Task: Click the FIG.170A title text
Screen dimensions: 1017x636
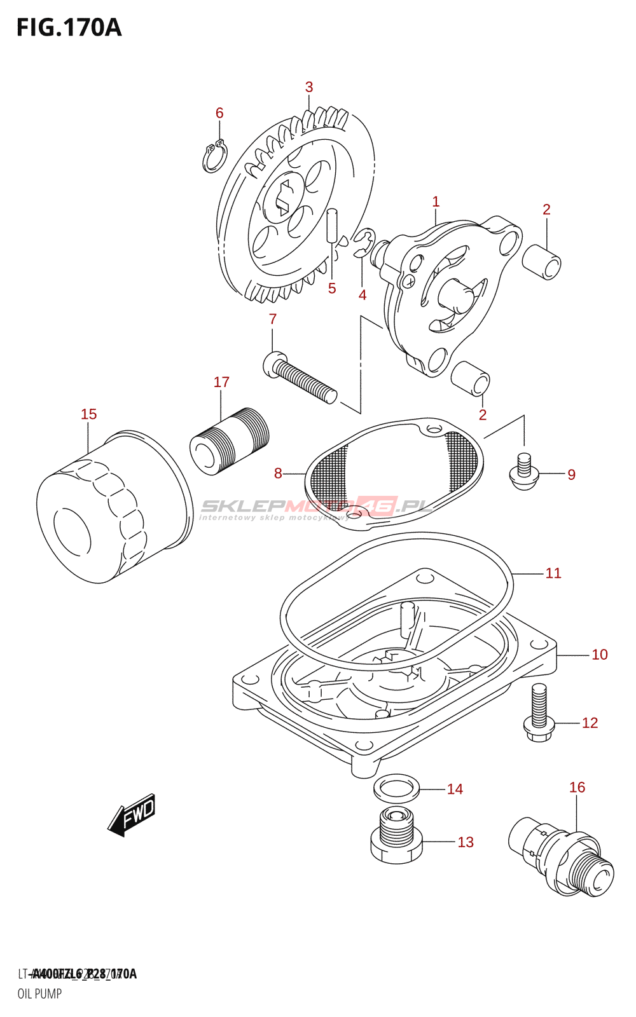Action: [69, 28]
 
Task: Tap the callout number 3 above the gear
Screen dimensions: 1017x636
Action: [309, 87]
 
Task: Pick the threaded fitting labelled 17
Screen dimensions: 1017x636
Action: [230, 441]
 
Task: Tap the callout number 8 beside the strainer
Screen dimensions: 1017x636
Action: [278, 474]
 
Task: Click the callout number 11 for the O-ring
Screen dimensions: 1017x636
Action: [553, 573]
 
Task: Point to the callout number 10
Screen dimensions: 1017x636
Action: [600, 655]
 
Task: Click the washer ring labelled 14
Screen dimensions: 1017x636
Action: [396, 788]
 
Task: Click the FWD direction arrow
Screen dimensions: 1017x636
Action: [132, 814]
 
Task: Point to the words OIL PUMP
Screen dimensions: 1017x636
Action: [39, 993]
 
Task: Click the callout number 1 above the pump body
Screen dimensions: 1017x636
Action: [436, 202]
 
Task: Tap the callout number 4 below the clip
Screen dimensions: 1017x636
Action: [363, 295]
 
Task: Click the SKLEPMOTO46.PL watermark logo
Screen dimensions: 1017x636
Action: [317, 507]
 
